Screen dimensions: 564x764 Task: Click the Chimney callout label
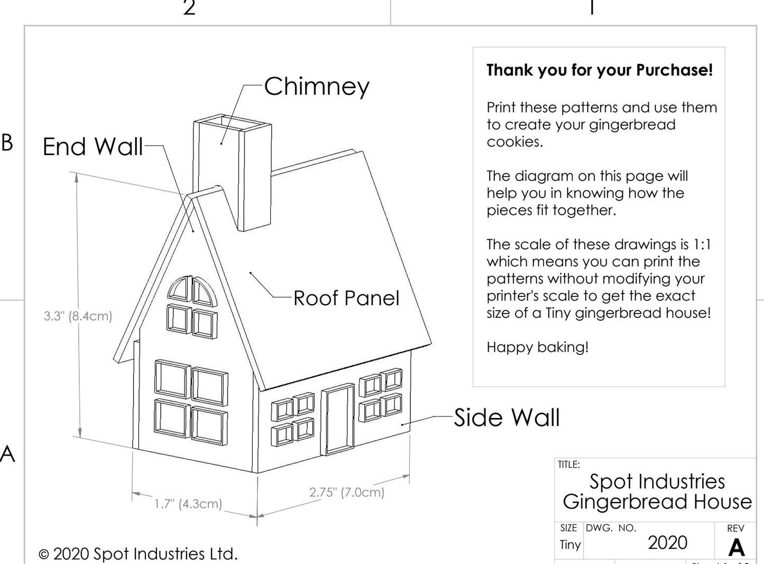[316, 86]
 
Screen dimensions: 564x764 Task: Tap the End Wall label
[93, 147]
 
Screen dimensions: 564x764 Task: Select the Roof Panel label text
[346, 298]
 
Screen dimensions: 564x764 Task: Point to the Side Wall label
[507, 417]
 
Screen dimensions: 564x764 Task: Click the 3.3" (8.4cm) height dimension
[78, 316]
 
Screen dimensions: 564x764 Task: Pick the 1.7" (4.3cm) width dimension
[188, 504]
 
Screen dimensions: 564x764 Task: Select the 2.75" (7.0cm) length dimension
[347, 492]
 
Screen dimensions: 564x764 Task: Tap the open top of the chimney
[233, 125]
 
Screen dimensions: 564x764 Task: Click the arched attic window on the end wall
[191, 292]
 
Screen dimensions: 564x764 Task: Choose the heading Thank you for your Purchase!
[600, 70]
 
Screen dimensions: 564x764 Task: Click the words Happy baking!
[537, 347]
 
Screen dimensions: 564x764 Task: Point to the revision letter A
[737, 547]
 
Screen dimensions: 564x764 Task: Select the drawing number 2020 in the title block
[667, 543]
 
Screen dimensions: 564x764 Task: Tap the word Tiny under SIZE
[570, 544]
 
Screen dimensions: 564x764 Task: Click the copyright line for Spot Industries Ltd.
[138, 554]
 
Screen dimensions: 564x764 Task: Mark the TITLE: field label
[568, 465]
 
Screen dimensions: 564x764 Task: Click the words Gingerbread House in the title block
[657, 502]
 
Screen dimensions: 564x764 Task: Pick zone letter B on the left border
[7, 142]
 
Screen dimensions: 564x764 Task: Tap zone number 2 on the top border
[189, 8]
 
